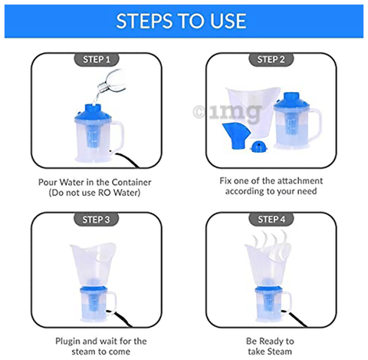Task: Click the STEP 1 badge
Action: pos(97,60)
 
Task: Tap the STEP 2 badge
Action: pos(271,60)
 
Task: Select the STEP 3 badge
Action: pos(97,220)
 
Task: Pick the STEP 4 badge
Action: pos(271,220)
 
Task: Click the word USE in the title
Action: pos(228,21)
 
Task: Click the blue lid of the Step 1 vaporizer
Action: pos(93,113)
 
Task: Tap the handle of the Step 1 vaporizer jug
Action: pos(118,136)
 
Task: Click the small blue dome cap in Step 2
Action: pos(259,147)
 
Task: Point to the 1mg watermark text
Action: pos(228,113)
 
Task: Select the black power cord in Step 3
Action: pos(119,319)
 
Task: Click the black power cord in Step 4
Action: pos(294,319)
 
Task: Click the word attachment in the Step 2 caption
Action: pos(300,181)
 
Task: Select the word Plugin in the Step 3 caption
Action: pos(68,342)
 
